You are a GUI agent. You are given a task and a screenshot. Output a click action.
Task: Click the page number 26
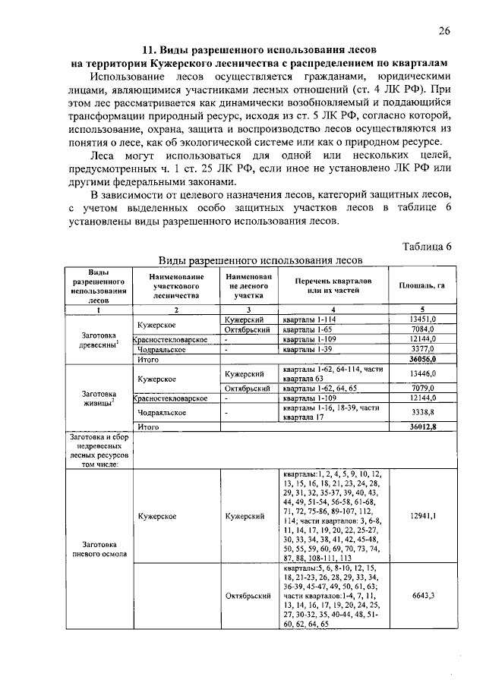444,31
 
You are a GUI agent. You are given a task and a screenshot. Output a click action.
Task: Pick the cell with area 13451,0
422,320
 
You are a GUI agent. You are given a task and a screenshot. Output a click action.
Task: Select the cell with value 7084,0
422,330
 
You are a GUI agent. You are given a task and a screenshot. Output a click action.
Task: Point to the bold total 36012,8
421,427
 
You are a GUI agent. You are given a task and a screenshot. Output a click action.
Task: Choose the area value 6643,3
422,596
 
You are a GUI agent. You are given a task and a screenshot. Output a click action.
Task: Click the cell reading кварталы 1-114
304,320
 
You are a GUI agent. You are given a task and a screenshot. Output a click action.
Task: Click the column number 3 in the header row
248,310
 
